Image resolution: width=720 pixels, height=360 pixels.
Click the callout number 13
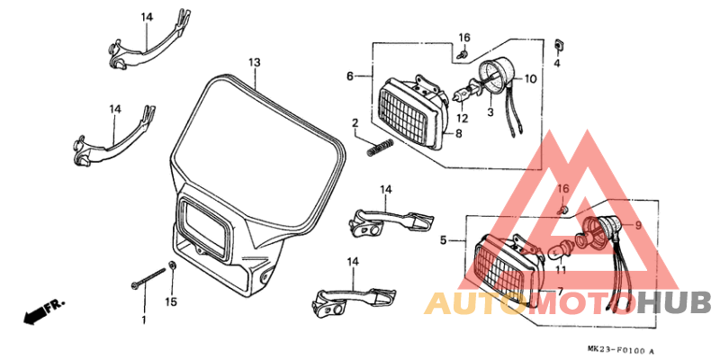255,62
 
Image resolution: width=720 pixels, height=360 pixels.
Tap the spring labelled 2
380,148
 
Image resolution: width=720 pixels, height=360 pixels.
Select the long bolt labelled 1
148,278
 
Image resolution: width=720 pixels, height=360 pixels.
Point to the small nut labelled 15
173,265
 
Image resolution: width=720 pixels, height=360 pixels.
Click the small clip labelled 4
559,44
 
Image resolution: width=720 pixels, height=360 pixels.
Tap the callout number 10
530,79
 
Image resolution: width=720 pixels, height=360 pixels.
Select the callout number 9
638,226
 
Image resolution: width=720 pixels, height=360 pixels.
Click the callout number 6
350,76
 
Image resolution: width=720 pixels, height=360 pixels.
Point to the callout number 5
443,239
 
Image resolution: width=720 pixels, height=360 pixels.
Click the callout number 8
459,133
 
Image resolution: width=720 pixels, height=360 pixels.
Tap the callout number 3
490,112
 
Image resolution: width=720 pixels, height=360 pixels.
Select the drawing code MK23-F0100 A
620,350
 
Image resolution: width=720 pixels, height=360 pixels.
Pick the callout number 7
560,291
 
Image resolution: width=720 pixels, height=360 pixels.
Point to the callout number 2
355,122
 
